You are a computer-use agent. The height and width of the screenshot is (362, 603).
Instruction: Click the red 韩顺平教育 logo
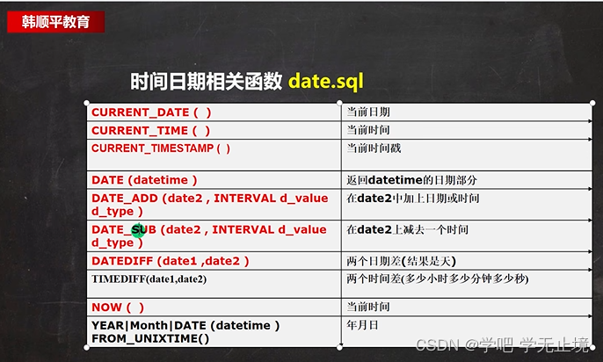[55, 22]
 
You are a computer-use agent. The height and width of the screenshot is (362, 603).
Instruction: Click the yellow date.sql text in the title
[326, 82]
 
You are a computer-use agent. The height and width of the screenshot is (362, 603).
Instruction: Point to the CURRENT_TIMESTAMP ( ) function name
[161, 148]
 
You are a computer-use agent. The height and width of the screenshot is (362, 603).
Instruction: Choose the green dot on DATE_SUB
[139, 230]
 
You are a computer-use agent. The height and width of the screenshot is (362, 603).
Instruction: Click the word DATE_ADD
[125, 199]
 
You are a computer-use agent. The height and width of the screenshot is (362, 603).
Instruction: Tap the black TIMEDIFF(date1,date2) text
[149, 279]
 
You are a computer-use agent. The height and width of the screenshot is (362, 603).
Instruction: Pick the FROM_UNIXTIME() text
[150, 338]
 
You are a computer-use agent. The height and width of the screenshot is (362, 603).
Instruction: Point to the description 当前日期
[368, 112]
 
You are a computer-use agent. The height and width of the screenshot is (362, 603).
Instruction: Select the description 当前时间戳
[374, 148]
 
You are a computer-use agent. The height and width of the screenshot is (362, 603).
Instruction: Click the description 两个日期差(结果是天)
[401, 261]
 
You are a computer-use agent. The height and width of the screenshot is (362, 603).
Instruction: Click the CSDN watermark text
[502, 344]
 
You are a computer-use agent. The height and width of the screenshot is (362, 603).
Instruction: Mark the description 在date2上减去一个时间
[407, 230]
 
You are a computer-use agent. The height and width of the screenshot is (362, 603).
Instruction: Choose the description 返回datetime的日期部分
[412, 180]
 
